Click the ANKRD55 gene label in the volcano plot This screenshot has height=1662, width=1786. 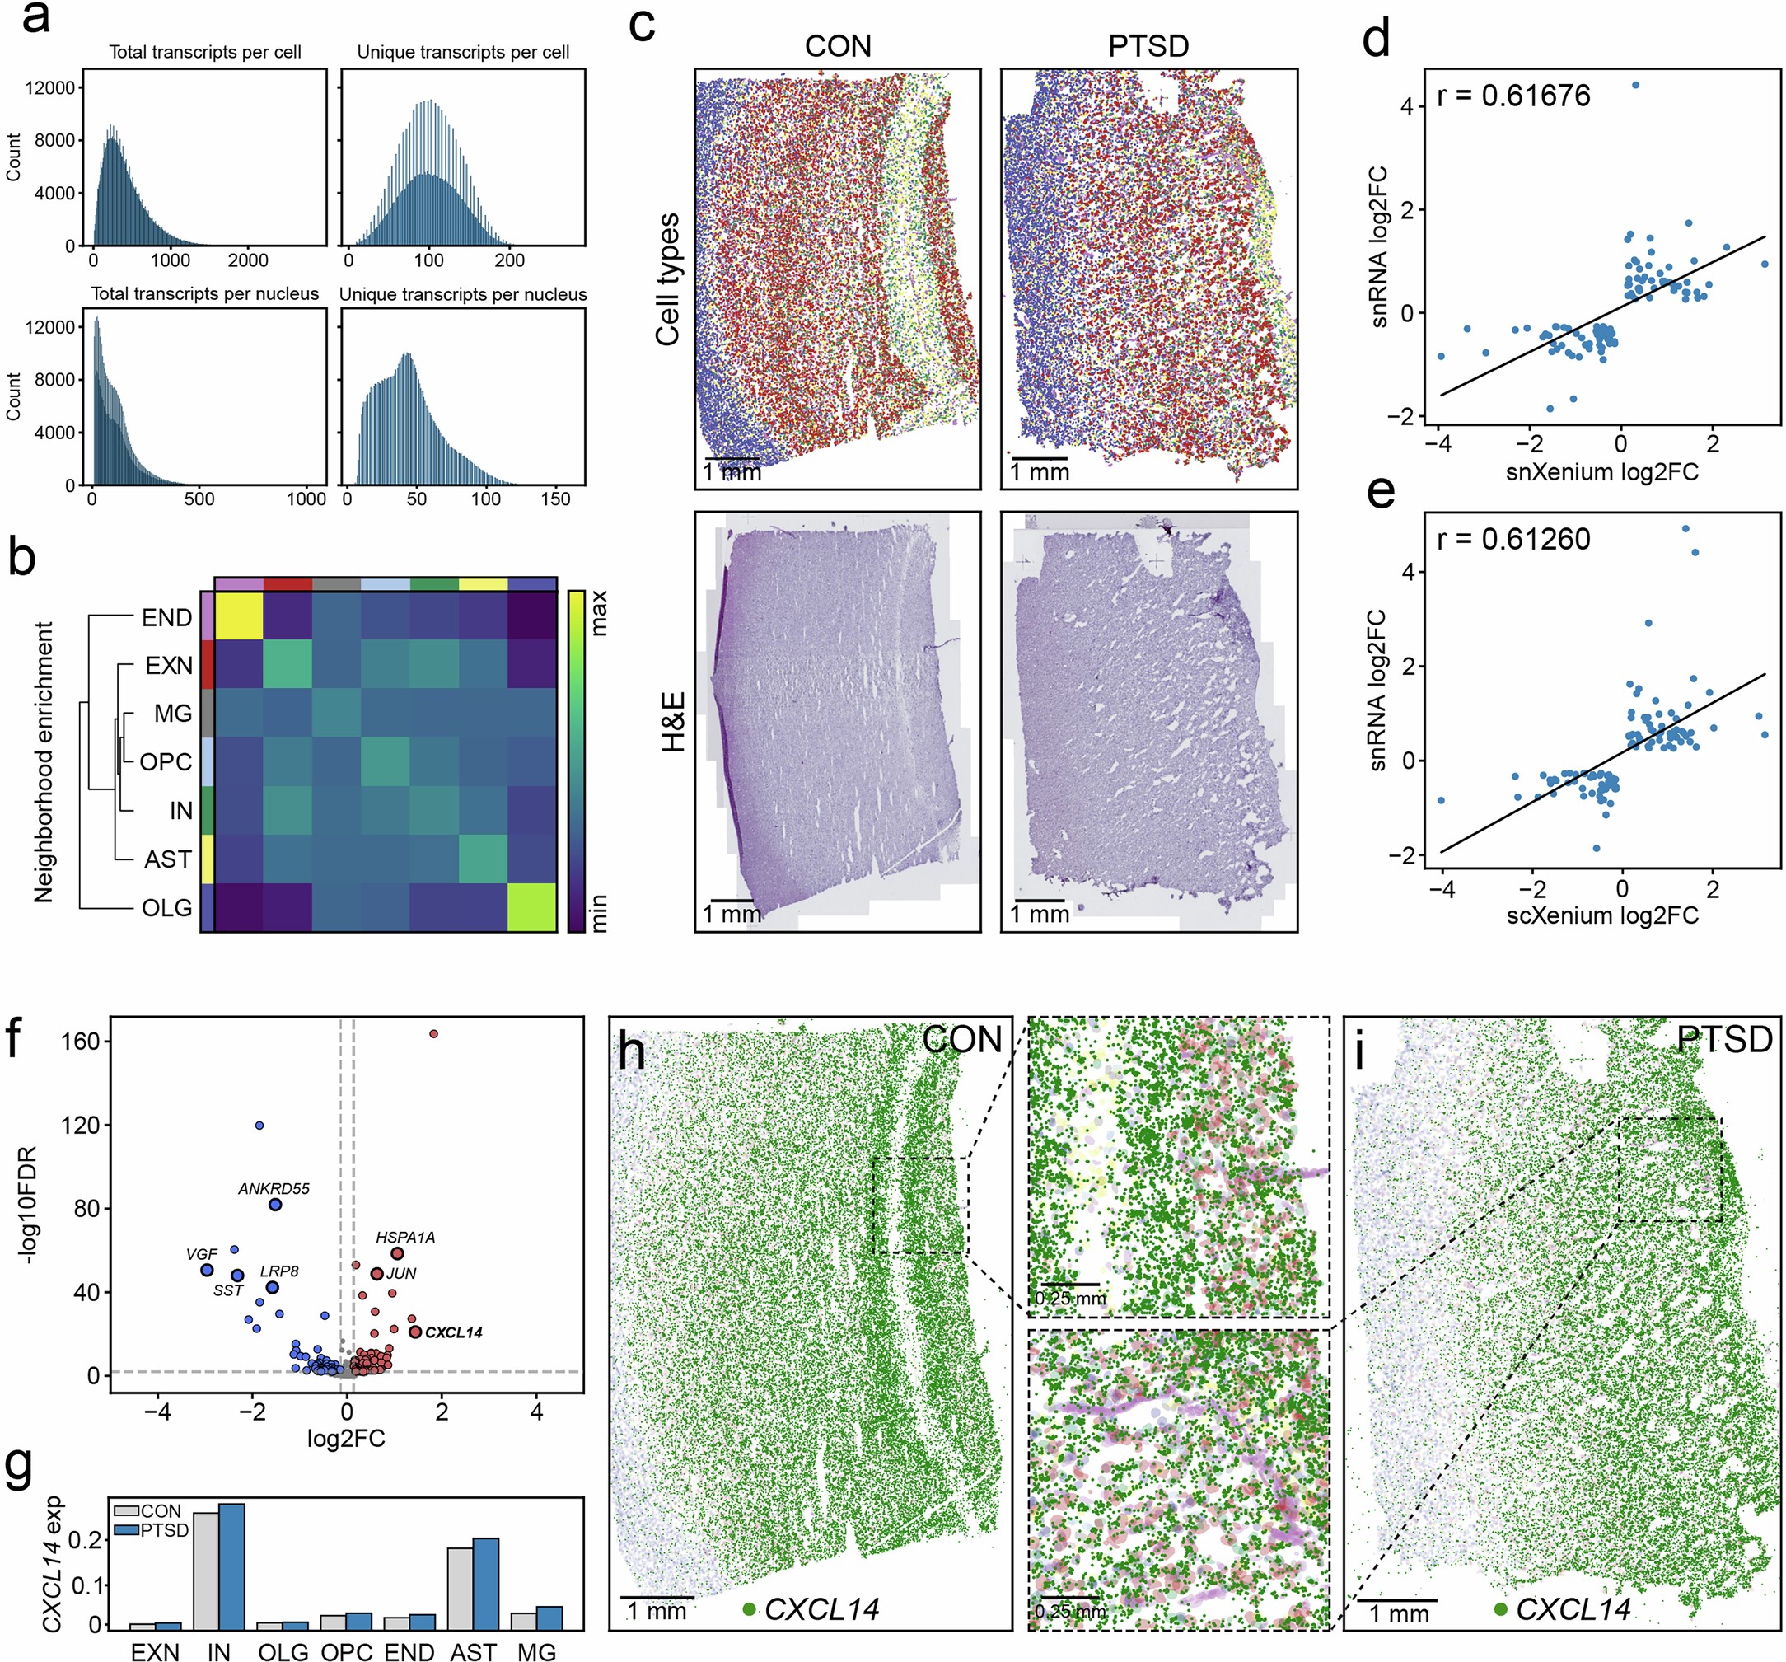(x=274, y=1188)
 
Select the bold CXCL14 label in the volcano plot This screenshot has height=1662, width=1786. (x=454, y=1332)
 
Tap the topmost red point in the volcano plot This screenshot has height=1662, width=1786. (x=434, y=1034)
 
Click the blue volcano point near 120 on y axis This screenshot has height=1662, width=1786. (x=259, y=1126)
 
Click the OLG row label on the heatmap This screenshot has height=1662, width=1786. (x=166, y=907)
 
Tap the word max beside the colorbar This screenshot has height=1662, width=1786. (x=599, y=613)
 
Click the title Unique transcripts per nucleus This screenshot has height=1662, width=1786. (x=463, y=295)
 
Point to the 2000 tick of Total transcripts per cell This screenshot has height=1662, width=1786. (x=247, y=260)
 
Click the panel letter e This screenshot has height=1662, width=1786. (x=1380, y=491)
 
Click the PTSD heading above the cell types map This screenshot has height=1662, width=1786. (x=1148, y=46)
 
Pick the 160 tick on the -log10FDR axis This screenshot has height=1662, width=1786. (x=81, y=1042)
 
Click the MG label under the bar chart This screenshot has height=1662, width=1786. (x=536, y=1651)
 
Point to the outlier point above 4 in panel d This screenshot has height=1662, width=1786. (x=1635, y=86)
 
